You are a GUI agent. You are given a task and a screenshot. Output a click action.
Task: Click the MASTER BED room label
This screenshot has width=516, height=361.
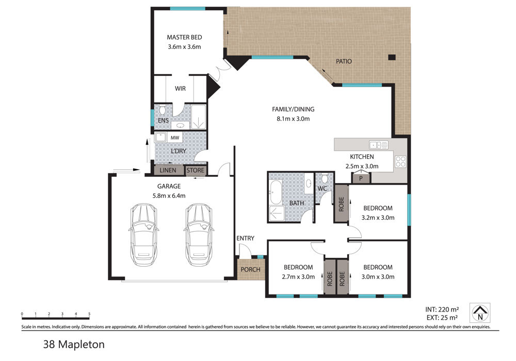[184, 37]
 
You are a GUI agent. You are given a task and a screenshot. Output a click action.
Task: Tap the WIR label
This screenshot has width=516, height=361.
[180, 88]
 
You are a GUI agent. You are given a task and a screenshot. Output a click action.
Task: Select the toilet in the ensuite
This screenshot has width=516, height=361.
[162, 110]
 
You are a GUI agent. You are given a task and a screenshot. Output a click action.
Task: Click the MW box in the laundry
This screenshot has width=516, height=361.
[175, 137]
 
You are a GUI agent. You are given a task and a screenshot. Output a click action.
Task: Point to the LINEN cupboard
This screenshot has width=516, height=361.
[168, 170]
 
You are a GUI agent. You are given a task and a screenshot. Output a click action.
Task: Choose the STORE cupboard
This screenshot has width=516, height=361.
[195, 170]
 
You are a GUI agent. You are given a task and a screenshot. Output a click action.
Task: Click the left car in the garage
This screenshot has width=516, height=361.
[143, 235]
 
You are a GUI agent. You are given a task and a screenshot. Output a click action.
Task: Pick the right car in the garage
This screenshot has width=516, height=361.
[199, 235]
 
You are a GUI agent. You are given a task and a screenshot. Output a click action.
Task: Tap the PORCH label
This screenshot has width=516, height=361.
[250, 270]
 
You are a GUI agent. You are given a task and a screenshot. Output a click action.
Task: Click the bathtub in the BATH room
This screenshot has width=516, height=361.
[275, 192]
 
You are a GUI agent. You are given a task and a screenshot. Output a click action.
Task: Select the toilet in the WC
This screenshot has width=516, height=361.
[325, 178]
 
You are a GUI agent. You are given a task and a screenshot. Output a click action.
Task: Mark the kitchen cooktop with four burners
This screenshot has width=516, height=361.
[400, 161]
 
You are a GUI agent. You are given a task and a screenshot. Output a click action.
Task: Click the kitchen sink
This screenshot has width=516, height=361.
[378, 145]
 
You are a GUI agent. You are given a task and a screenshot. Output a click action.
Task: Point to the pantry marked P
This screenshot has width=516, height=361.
[361, 178]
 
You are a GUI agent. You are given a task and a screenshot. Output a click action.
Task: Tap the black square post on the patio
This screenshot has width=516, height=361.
[392, 57]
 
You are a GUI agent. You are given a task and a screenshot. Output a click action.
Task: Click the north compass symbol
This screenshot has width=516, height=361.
[480, 313]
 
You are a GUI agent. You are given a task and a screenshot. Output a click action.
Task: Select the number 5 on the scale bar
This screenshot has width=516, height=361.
[89, 314]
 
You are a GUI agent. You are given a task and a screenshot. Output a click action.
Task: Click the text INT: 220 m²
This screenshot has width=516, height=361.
[442, 309]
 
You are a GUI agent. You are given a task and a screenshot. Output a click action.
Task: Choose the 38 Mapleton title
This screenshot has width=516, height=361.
[74, 344]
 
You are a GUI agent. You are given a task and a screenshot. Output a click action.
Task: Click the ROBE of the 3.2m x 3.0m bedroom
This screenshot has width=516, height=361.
[341, 204]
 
